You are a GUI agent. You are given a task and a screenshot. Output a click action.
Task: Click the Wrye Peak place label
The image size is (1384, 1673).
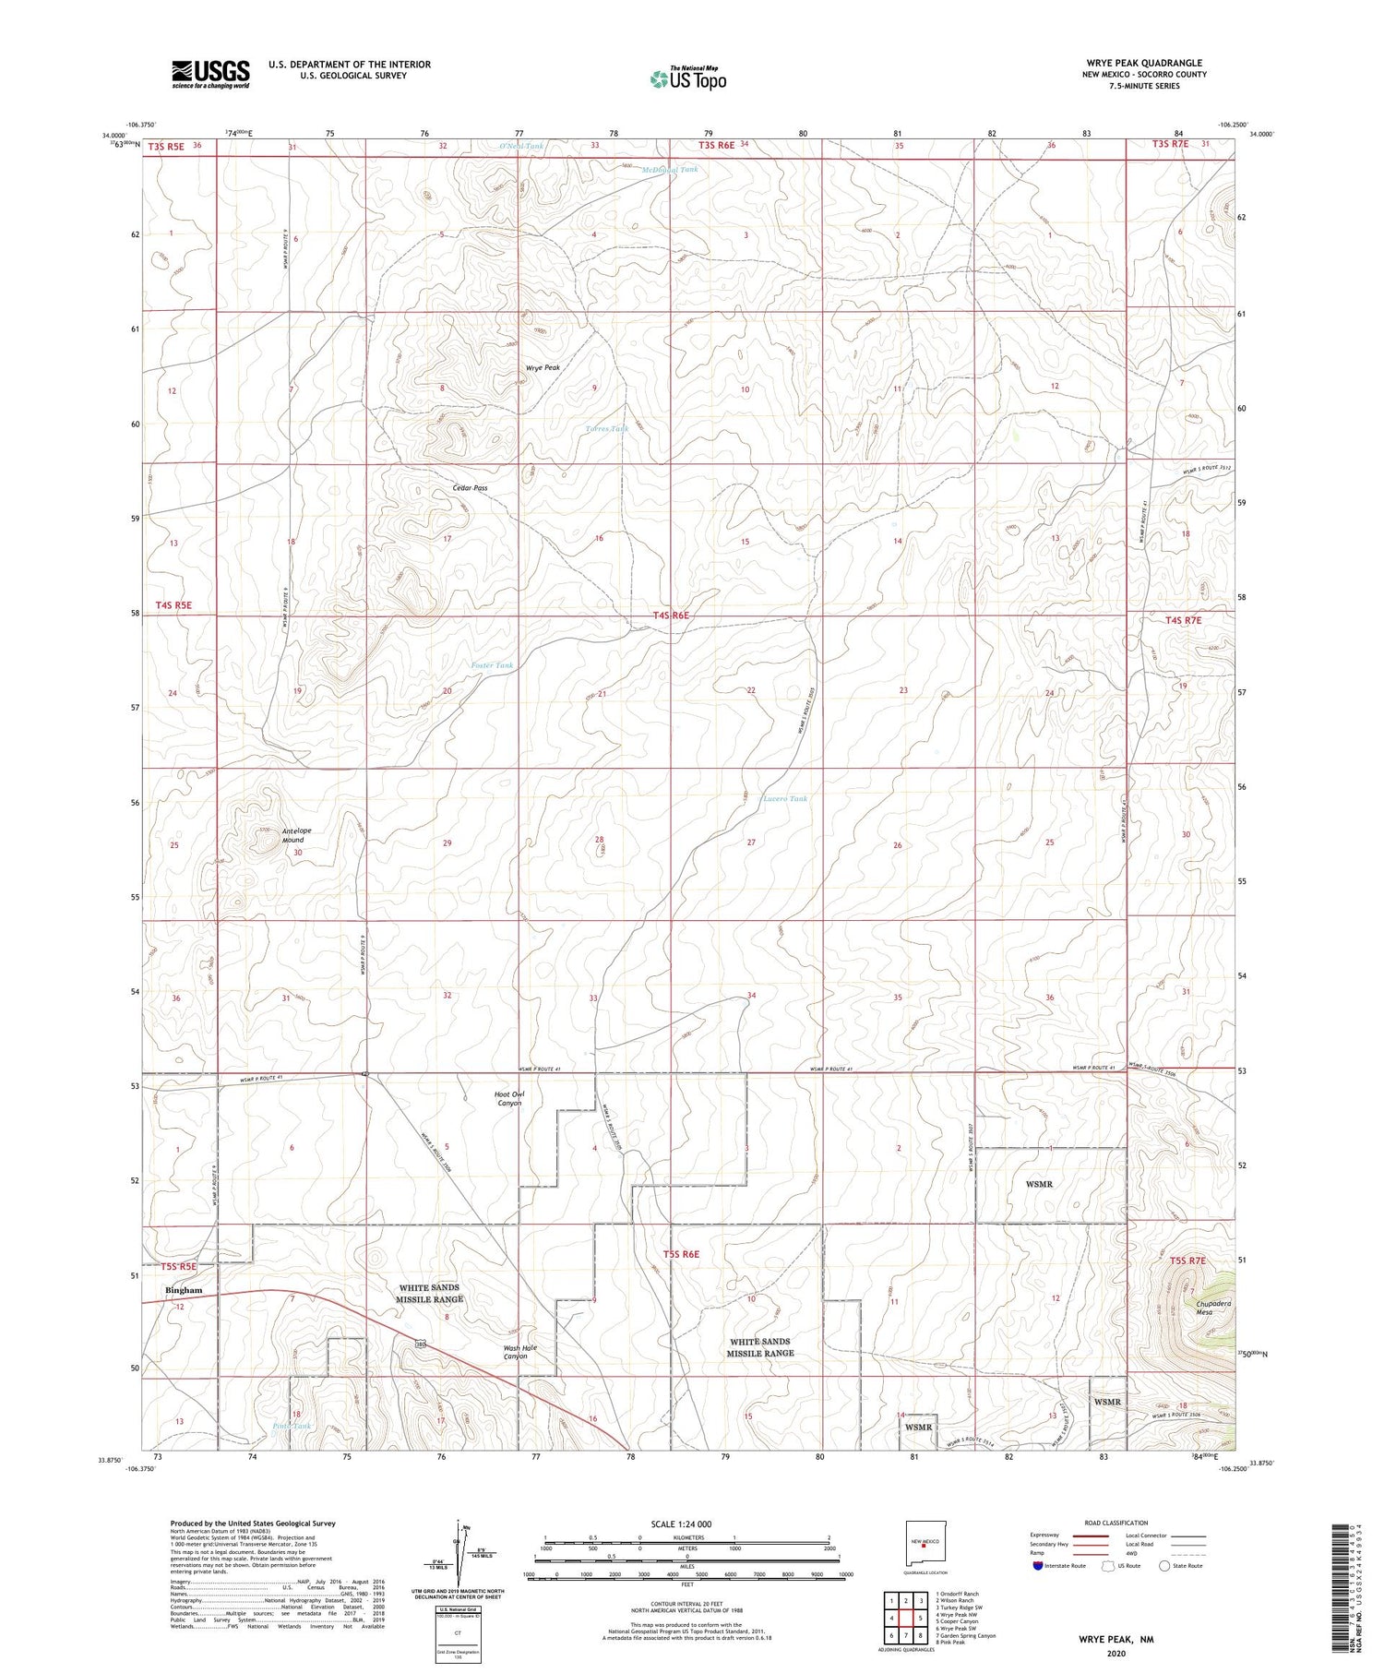point(543,368)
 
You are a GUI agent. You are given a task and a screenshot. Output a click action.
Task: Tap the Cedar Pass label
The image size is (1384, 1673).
point(470,488)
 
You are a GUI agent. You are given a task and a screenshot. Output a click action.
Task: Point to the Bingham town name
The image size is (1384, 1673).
point(183,1290)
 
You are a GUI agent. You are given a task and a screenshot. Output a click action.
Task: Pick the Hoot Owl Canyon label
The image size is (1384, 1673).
point(509,1099)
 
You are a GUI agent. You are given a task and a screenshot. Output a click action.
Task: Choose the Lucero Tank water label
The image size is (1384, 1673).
point(785,799)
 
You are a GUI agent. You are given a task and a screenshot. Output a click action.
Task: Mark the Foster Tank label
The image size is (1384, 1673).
point(492,665)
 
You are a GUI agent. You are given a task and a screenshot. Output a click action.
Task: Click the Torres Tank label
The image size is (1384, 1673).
point(607,429)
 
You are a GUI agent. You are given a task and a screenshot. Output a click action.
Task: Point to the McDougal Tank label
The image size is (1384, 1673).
point(670,170)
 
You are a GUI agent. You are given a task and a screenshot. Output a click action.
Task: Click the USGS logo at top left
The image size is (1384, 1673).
point(210,74)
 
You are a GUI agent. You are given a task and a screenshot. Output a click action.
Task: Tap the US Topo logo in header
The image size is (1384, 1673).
point(688,79)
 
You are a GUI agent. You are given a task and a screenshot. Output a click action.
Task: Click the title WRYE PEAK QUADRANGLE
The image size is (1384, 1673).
point(1144,64)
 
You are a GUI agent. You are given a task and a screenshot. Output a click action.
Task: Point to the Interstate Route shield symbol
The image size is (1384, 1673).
point(1037,1566)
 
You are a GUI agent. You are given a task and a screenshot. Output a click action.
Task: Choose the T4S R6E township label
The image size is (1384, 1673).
point(671,615)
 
